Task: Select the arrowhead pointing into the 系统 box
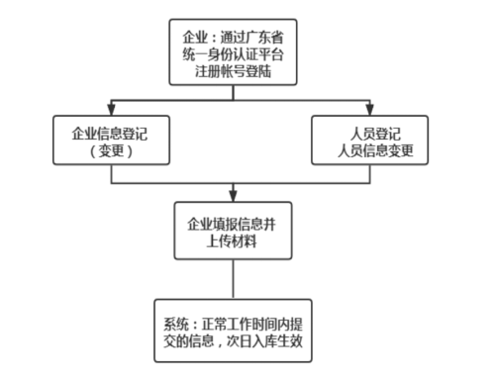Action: coord(235,291)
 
